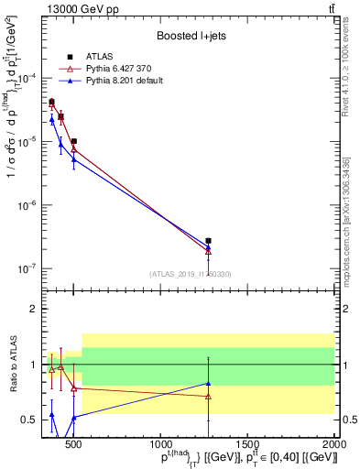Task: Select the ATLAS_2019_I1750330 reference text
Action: coord(190,274)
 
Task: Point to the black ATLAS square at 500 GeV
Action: coord(73,142)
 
